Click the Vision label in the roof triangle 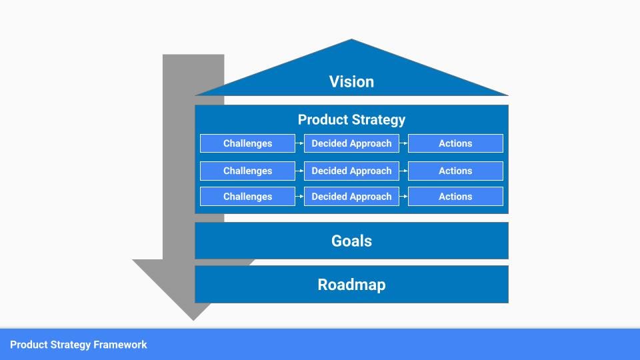351,82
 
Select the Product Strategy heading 351,120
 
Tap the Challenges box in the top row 247,143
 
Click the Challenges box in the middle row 247,171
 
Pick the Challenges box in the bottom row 247,197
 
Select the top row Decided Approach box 351,143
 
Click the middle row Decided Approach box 351,171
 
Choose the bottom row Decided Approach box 351,197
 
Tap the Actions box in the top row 455,143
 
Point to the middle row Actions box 455,171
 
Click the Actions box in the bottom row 455,197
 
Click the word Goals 351,241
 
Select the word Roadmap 351,285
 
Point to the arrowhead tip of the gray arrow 193,320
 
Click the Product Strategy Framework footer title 79,345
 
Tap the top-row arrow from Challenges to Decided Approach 299,143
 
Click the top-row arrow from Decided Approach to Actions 403,143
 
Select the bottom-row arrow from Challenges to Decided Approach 299,197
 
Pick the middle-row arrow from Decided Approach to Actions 403,171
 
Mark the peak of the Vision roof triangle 351,40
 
